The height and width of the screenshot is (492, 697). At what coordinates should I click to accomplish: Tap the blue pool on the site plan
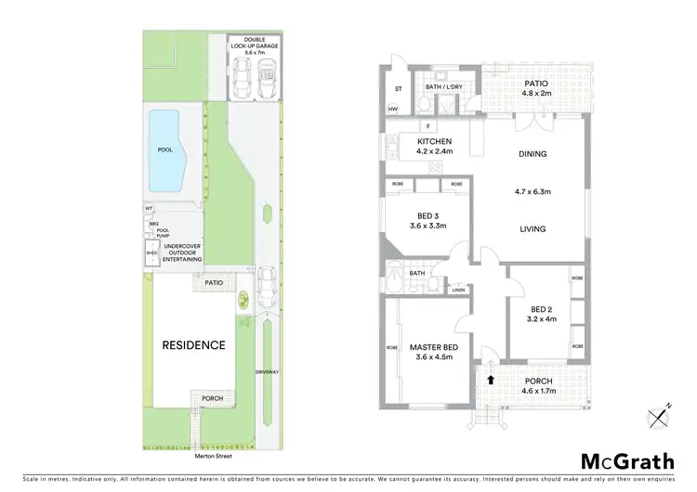pyautogui.click(x=164, y=149)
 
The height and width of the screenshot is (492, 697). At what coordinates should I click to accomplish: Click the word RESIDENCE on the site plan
pyautogui.click(x=194, y=345)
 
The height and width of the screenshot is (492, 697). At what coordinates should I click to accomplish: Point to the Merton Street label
pyautogui.click(x=207, y=456)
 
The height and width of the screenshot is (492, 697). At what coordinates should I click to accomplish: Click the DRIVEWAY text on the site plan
pyautogui.click(x=268, y=371)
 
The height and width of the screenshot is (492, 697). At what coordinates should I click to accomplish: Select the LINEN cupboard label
pyautogui.click(x=457, y=291)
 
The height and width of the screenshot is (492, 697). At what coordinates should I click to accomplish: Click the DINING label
pyautogui.click(x=533, y=154)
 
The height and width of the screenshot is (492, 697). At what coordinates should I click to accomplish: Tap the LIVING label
pyautogui.click(x=533, y=228)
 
